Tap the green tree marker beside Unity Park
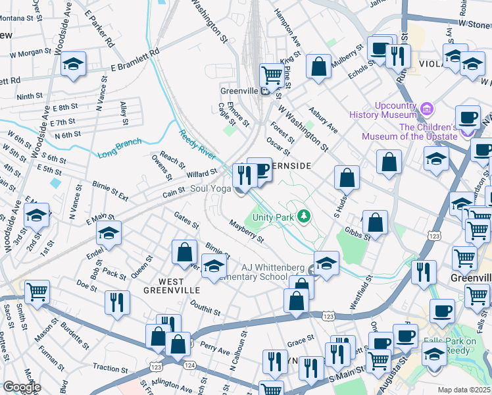coord(303,215)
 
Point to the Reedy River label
coord(197,144)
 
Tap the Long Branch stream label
coord(119,149)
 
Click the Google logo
coord(21,387)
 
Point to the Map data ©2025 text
coord(464,390)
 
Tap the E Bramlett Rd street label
coord(135,60)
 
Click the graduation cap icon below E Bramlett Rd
coord(74,63)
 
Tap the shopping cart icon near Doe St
coord(37,290)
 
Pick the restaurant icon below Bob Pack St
coord(116,302)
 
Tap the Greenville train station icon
coord(264,91)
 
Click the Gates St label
coord(186,221)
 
